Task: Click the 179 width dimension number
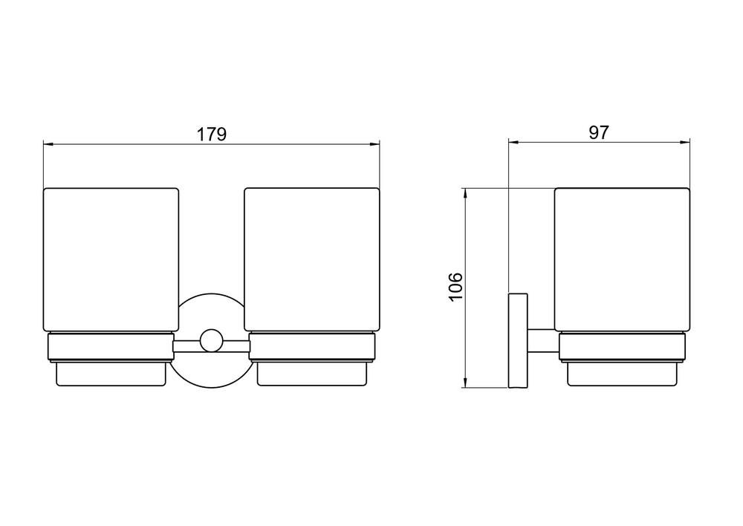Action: click(x=212, y=134)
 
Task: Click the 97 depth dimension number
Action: click(x=598, y=133)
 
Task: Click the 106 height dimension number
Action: click(x=455, y=286)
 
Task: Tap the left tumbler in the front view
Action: click(x=111, y=260)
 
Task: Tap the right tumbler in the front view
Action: click(x=312, y=260)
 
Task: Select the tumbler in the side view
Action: click(x=622, y=260)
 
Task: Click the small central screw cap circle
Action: click(x=211, y=340)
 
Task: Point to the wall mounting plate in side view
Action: click(x=518, y=341)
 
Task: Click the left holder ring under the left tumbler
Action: click(x=111, y=348)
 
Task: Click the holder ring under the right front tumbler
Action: click(x=312, y=348)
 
